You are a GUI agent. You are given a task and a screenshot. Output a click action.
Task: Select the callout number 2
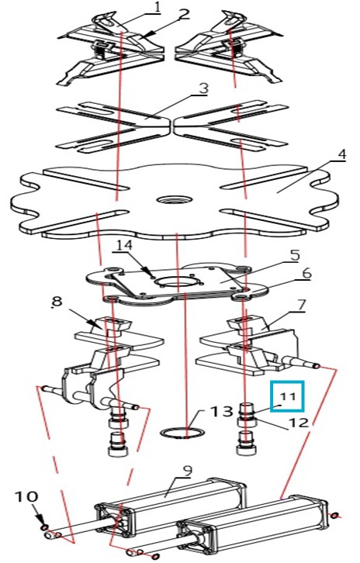(x=183, y=15)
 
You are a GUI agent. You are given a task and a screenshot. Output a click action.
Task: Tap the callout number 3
(x=203, y=88)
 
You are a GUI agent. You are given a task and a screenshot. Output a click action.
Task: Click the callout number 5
(x=294, y=256)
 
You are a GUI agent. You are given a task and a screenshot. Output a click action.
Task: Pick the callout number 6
(x=306, y=275)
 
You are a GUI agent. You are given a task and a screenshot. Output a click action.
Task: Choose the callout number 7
(x=301, y=306)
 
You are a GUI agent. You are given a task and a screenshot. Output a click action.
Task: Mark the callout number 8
(x=57, y=302)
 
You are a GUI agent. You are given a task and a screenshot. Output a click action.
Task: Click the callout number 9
(x=187, y=471)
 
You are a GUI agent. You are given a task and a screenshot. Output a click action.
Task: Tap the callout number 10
(x=26, y=497)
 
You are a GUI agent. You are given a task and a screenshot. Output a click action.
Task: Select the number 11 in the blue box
(x=288, y=397)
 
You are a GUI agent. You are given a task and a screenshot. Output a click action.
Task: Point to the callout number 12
(x=298, y=422)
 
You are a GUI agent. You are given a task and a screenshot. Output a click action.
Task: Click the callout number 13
(x=221, y=412)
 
